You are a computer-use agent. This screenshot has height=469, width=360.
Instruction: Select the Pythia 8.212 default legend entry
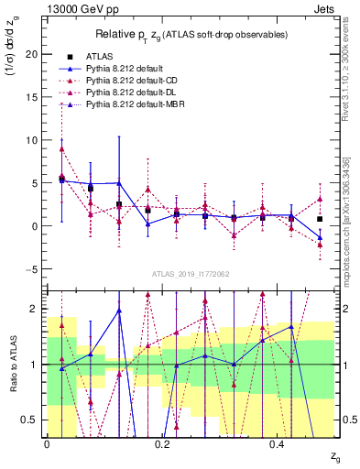coord(127,69)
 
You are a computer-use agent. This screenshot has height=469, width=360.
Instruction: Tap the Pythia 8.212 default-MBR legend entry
coord(137,107)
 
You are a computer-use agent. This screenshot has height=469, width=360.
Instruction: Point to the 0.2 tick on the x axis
coord(162,444)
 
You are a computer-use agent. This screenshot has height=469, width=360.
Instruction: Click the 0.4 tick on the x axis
coord(278,444)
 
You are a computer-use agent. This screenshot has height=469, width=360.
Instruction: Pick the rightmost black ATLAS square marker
coord(320,219)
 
